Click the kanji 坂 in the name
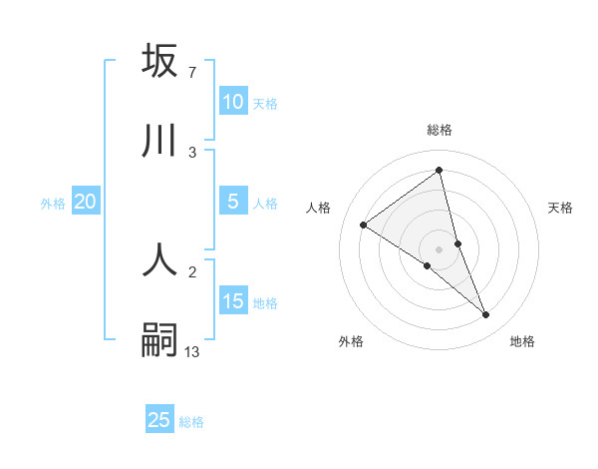pyautogui.click(x=159, y=61)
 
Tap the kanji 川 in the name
pyautogui.click(x=159, y=142)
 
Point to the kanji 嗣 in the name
pyautogui.click(x=159, y=340)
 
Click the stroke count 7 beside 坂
pyautogui.click(x=191, y=72)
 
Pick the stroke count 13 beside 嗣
pyautogui.click(x=191, y=351)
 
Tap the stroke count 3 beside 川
pyautogui.click(x=191, y=152)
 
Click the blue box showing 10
pyautogui.click(x=232, y=102)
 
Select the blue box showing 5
pyautogui.click(x=232, y=202)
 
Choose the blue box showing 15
pyautogui.click(x=232, y=301)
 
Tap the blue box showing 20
pyautogui.click(x=85, y=202)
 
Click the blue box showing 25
pyautogui.click(x=159, y=420)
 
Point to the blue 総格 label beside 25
pyautogui.click(x=191, y=422)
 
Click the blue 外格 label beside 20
pyautogui.click(x=53, y=204)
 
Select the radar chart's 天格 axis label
pyautogui.click(x=560, y=208)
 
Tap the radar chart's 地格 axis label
pyautogui.click(x=522, y=341)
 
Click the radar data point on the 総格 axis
pyautogui.click(x=439, y=170)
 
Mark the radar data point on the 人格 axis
pyautogui.click(x=364, y=225)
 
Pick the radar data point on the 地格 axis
pyautogui.click(x=485, y=314)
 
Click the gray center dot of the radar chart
pyautogui.click(x=439, y=248)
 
